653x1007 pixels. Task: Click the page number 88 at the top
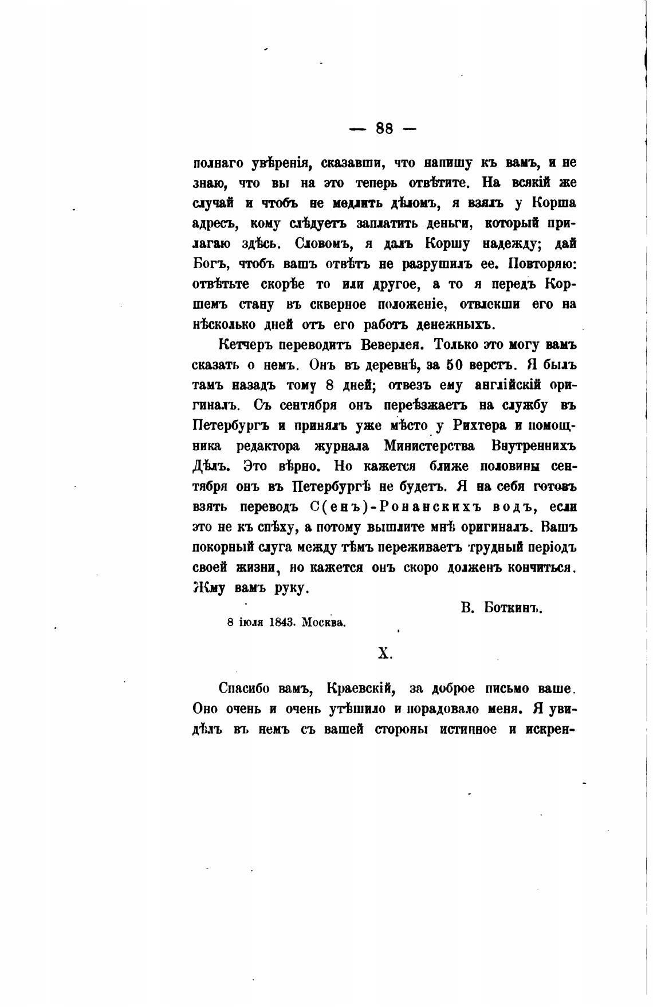(384, 128)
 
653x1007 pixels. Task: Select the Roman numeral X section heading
(384, 654)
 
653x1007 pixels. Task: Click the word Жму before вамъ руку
(210, 588)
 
